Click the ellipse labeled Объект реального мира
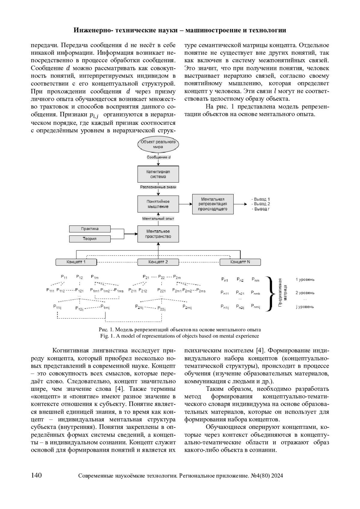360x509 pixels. [x=158, y=144]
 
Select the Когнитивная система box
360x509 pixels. [x=158, y=174]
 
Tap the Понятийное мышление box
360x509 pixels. [x=158, y=204]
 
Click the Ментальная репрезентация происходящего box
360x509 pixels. [x=213, y=204]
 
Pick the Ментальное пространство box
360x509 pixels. [x=158, y=234]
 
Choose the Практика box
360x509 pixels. [x=90, y=229]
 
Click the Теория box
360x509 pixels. [x=90, y=239]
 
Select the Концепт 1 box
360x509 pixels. [x=76, y=262]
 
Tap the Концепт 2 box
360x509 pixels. [x=158, y=262]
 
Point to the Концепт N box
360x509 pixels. [x=240, y=262]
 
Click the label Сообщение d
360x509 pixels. [x=159, y=157]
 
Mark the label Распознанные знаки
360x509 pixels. [x=158, y=187]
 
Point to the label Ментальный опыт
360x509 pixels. [x=158, y=219]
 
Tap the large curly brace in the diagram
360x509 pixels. [x=271, y=293]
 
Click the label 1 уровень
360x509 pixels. [x=305, y=280]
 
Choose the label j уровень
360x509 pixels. [x=305, y=307]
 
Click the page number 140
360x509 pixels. [x=36, y=475]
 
